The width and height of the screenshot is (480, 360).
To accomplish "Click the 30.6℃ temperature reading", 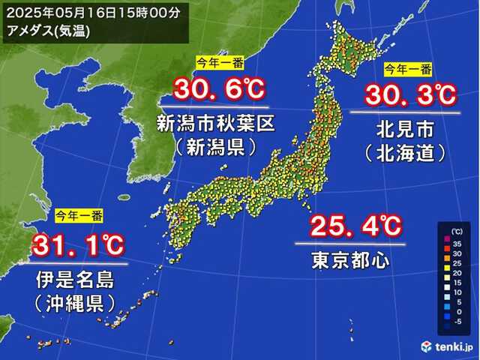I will click(219, 91).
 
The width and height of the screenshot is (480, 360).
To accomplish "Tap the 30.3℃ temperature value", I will click(410, 96).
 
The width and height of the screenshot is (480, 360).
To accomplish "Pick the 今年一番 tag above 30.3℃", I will click(408, 69).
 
